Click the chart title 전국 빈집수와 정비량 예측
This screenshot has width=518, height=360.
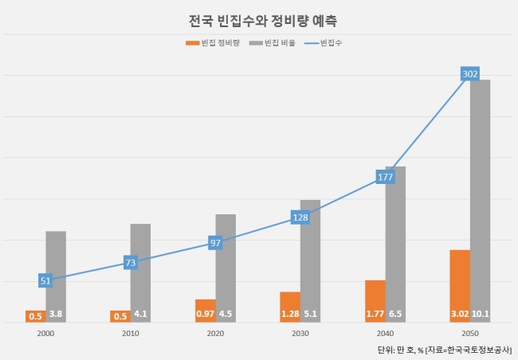tap(263, 22)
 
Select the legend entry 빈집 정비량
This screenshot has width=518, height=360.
tap(213, 43)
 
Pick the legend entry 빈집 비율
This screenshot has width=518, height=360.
tap(273, 43)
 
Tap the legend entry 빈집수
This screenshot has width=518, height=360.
tap(323, 43)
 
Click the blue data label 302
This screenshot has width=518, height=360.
tap(470, 74)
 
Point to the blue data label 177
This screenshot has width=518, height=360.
tap(385, 177)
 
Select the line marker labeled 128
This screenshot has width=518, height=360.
tap(300, 217)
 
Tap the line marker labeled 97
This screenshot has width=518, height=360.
tap(215, 243)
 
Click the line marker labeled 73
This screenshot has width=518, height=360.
tap(131, 263)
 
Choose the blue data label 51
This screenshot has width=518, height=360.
tap(45, 280)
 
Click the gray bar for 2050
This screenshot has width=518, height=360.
tap(480, 201)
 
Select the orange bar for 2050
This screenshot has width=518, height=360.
tap(460, 286)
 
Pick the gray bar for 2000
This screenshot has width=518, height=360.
tap(56, 277)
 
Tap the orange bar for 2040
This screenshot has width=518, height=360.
tap(375, 301)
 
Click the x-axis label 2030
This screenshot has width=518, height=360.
tap(300, 334)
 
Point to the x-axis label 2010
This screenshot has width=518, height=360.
tap(131, 334)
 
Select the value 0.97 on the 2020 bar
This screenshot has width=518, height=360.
tap(205, 314)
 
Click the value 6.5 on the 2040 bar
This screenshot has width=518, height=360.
tap(395, 314)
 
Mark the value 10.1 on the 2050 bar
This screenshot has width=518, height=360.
tap(481, 314)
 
